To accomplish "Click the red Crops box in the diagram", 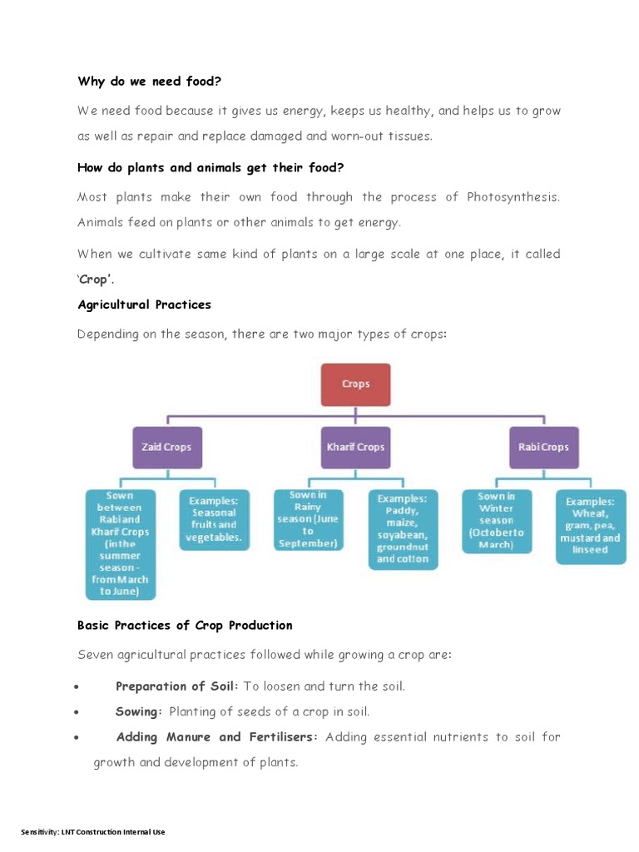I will (x=355, y=384).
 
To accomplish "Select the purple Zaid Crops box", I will (x=166, y=447).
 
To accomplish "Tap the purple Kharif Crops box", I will (x=355, y=447).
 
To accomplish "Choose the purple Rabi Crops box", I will (x=543, y=447).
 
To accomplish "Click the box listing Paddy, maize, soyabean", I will (x=403, y=528).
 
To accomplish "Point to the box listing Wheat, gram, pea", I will (x=591, y=525).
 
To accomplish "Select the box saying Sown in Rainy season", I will (x=308, y=519).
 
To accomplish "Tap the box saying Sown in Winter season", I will (x=496, y=521).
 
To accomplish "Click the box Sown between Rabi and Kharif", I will (x=120, y=543).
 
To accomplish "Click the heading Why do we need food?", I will (x=150, y=82).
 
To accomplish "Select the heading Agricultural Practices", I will (x=144, y=305).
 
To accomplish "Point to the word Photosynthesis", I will (x=513, y=197).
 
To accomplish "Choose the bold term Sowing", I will (x=137, y=711).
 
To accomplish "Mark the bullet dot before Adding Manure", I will (x=77, y=738).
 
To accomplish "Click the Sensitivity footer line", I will (x=93, y=832).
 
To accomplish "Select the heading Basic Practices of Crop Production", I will (x=185, y=625).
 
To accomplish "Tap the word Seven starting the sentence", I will (x=95, y=655).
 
